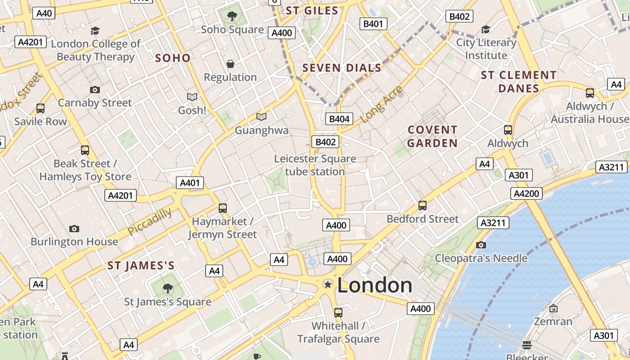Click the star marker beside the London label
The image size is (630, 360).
(328, 284)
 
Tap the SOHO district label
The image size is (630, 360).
(173, 58)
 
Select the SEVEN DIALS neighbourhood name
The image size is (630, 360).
(342, 68)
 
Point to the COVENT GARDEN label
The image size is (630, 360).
(432, 136)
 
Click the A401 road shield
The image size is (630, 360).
(189, 183)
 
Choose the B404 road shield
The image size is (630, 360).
(339, 119)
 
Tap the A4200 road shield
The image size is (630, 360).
(526, 194)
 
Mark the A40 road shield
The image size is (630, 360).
(44, 13)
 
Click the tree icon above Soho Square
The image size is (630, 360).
(232, 17)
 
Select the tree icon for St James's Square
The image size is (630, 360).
(167, 288)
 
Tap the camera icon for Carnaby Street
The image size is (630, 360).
(94, 90)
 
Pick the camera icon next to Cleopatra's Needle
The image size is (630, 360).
(481, 245)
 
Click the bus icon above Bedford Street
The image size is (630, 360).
(422, 206)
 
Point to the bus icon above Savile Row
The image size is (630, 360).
(40, 108)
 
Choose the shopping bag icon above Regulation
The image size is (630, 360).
(230, 64)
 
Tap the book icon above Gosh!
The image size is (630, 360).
(192, 97)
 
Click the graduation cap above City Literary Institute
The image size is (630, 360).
(486, 30)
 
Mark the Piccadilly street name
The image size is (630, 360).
(149, 221)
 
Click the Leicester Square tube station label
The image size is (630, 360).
(315, 165)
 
